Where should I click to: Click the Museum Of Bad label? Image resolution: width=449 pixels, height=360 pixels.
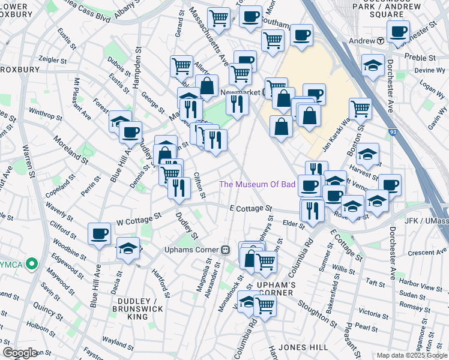tap(257, 184)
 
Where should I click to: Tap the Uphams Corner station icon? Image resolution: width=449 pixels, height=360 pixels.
tap(226, 250)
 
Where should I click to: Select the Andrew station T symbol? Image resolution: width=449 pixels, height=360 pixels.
tap(381, 41)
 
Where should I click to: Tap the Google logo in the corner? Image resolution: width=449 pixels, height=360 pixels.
tap(20, 352)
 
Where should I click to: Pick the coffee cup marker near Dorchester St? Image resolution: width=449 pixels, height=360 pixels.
tap(397, 31)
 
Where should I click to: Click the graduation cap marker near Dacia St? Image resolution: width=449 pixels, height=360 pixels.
tap(128, 247)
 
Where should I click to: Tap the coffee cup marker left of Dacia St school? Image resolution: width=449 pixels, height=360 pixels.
tap(100, 233)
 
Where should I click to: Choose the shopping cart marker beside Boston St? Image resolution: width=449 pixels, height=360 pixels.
tap(360, 108)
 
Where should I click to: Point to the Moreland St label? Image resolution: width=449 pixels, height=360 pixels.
tap(70, 149)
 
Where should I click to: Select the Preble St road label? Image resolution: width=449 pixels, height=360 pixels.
tap(423, 58)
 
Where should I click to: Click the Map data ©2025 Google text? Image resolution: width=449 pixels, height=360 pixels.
tap(411, 355)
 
